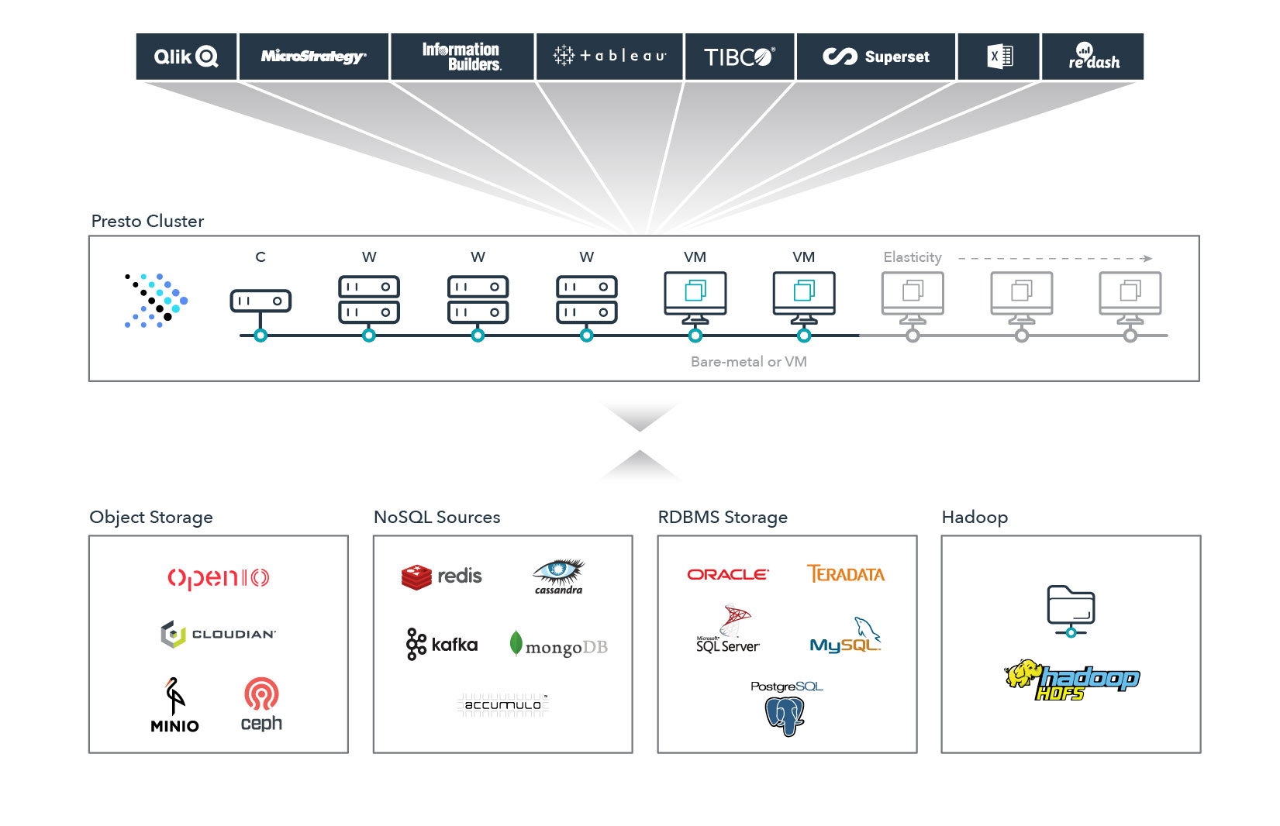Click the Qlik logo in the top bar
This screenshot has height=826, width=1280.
pos(186,57)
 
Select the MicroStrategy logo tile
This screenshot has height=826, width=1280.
pos(314,57)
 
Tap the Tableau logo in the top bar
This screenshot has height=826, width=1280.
pos(609,56)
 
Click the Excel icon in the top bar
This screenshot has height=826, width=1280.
pos(1000,57)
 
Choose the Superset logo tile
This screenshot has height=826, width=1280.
pos(876,57)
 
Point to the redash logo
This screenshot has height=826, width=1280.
pos(1094,56)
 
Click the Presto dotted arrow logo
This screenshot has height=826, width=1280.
pos(156,301)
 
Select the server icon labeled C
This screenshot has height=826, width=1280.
pos(260,301)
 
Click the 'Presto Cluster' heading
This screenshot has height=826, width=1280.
pos(147,221)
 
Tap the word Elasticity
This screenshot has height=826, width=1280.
pos(912,257)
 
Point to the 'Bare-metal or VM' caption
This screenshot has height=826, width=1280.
pos(749,362)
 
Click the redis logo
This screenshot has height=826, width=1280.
pos(441,576)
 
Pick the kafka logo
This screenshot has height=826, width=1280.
pos(441,645)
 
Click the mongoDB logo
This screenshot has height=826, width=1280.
pos(558,645)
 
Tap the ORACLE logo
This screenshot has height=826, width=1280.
pos(728,574)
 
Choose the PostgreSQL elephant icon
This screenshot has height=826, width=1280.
pos(785,717)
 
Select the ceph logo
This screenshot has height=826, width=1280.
pos(261,704)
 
